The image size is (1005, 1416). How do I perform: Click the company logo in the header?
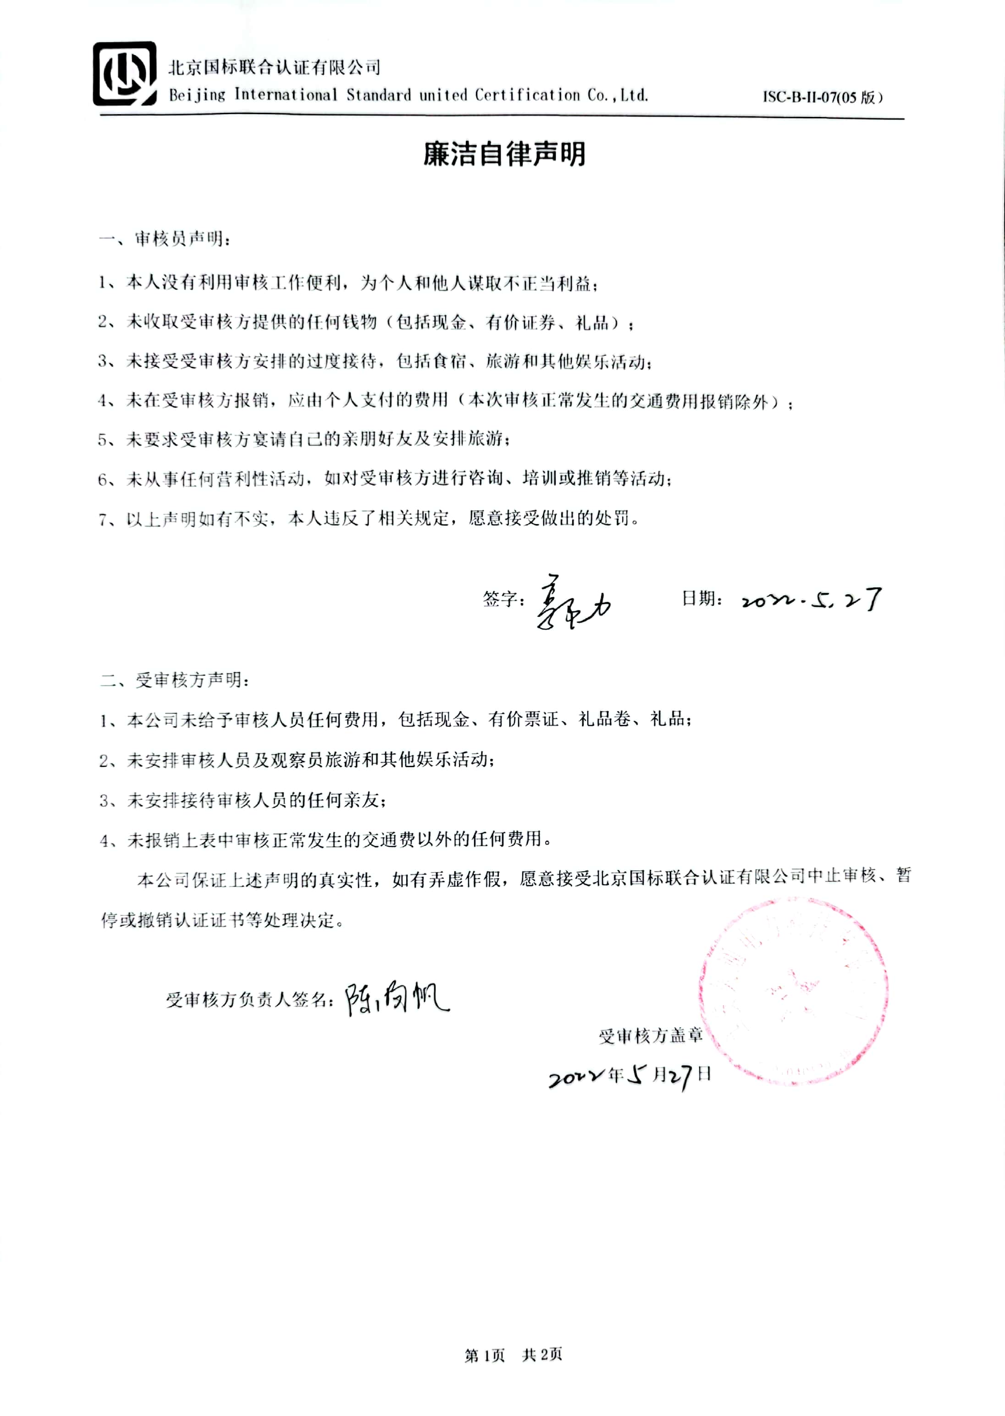(124, 74)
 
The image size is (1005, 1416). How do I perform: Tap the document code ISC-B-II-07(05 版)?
(822, 97)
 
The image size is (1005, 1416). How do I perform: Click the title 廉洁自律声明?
(504, 154)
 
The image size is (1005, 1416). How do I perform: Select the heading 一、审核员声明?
(165, 239)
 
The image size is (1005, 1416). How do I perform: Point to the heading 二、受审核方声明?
(175, 680)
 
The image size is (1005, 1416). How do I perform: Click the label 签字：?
(503, 598)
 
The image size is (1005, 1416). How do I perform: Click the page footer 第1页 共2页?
(513, 1355)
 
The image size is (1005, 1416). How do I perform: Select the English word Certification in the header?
(527, 95)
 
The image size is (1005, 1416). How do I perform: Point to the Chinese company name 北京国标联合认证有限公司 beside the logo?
(274, 67)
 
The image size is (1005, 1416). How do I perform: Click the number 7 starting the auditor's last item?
(103, 519)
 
